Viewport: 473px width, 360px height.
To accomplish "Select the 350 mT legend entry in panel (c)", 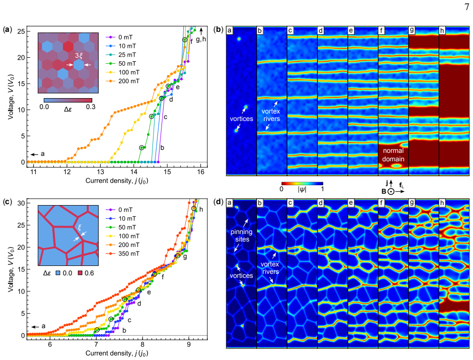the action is [123, 253].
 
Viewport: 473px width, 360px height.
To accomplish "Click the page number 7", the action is [467, 7].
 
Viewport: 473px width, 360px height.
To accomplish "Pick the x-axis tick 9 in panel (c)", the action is [189, 345].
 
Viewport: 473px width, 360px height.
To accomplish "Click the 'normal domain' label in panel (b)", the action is [393, 155].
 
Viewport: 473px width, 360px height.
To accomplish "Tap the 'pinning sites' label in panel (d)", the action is [242, 236].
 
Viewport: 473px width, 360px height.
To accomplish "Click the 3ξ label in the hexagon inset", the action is [78, 55].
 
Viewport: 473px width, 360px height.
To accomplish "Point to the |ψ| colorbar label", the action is [302, 190].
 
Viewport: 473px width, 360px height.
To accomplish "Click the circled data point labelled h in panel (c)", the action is [194, 209].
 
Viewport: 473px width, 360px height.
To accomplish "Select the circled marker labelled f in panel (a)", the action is [185, 40].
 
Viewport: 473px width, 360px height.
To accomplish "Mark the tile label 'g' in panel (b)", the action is [412, 30].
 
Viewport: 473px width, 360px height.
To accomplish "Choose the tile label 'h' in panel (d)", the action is [442, 203].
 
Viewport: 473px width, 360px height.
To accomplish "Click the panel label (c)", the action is [7, 202].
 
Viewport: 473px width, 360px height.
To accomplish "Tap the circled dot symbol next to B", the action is [391, 192].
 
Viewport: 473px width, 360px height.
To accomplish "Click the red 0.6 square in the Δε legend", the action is [80, 273].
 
